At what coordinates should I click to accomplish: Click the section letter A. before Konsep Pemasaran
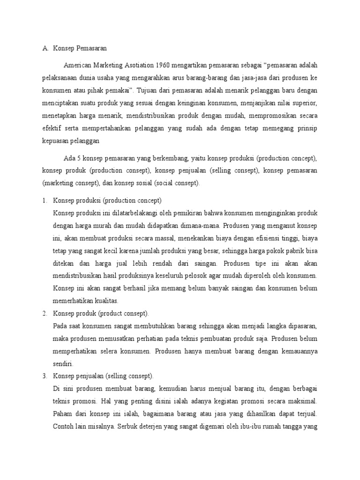point(45,48)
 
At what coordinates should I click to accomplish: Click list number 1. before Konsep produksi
point(45,201)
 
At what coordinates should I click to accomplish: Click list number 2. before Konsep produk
point(45,313)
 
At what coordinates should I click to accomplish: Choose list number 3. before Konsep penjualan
point(45,376)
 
